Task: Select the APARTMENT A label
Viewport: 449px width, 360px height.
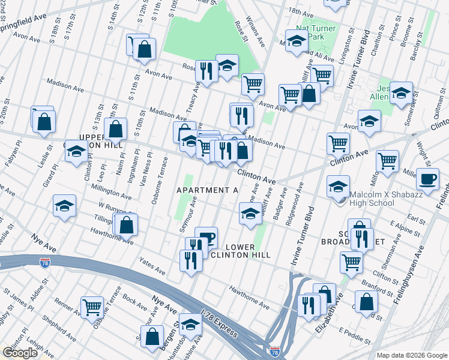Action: (208, 190)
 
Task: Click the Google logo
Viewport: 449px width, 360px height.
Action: (20, 352)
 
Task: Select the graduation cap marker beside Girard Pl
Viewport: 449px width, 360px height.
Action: (64, 206)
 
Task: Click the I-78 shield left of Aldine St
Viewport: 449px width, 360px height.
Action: (45, 263)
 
